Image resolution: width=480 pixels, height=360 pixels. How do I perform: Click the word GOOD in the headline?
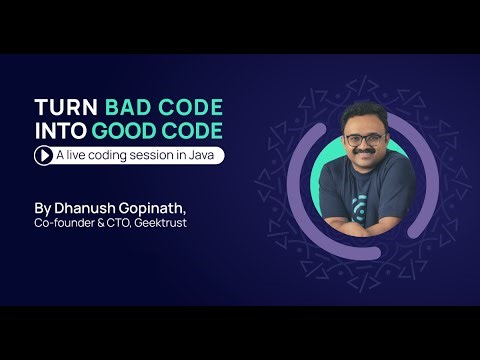click(124, 130)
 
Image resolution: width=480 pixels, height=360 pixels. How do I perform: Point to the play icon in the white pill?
click(44, 155)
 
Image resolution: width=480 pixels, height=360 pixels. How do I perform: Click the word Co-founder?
click(61, 224)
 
